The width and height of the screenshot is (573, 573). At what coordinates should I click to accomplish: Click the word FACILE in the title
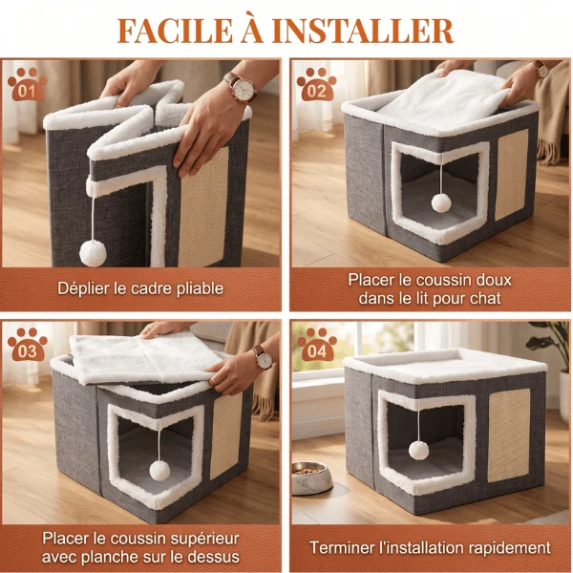175,31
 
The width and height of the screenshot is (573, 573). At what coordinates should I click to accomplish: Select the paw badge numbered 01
27,84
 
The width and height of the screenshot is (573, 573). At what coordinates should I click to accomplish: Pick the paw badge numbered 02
316,84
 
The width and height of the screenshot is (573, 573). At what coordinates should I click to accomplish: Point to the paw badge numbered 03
27,344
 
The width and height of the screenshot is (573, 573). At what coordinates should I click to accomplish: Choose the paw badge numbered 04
316,344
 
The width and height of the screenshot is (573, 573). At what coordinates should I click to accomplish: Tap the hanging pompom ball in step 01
93,253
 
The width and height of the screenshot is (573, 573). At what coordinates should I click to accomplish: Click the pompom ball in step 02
441,202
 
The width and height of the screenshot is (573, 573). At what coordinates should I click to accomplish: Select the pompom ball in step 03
159,470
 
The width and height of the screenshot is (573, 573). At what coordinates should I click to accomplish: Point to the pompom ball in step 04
419,450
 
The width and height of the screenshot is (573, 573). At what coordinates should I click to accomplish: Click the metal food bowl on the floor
311,477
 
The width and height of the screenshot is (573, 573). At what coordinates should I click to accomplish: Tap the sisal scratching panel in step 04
509,435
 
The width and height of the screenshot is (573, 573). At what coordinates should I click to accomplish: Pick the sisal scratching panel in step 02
512,175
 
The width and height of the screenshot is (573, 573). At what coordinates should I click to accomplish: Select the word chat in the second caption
484,299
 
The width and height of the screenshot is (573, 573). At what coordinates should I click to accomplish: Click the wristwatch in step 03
264,358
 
